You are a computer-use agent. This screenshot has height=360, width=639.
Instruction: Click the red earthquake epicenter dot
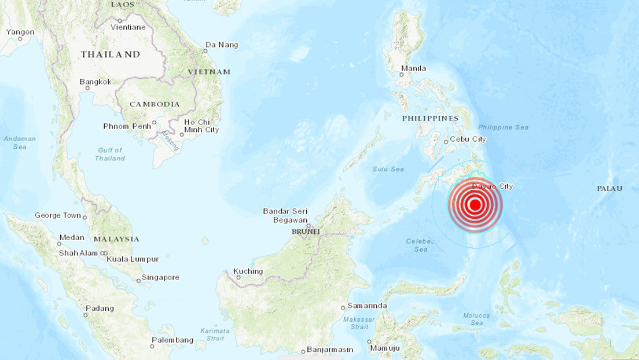pos(475,204)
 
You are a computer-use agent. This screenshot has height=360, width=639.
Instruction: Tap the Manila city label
pos(413,68)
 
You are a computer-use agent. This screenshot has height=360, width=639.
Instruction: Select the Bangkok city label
pos(95,82)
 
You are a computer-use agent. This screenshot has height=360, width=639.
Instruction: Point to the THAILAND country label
pos(110,54)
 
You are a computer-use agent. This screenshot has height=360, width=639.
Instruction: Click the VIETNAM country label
pos(209,72)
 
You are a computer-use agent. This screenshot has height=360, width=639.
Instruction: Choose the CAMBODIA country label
pos(155,104)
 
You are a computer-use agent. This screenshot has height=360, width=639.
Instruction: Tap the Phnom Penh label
pos(127,126)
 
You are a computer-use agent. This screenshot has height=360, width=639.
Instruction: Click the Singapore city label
pos(160,277)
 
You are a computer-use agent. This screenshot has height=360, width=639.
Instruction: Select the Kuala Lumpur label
pos(133,259)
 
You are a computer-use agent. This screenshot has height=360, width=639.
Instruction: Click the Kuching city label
pos(248,271)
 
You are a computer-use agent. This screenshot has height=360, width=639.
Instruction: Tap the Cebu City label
pos(468,139)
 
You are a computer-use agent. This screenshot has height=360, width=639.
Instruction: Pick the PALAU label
pos(609,189)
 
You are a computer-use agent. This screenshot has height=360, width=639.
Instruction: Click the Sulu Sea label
pos(388,169)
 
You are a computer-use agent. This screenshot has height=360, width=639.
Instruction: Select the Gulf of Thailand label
pos(110,154)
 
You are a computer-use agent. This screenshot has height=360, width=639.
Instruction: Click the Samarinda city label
pos(367,306)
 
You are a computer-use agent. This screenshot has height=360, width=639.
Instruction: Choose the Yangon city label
pos(20,32)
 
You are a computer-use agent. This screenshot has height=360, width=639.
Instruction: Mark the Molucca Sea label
pos(476,319)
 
